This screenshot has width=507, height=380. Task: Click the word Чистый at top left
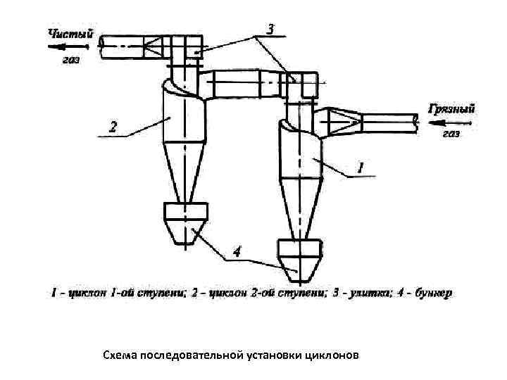click(x=70, y=33)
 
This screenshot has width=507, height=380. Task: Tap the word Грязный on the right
click(x=451, y=108)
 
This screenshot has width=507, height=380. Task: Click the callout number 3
click(x=270, y=29)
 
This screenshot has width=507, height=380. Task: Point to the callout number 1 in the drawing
click(x=360, y=167)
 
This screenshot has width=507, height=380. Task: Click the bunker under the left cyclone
click(x=185, y=220)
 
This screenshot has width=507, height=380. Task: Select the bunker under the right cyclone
click(x=299, y=257)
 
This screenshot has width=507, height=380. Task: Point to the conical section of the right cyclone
click(x=300, y=208)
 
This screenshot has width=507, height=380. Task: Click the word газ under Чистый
click(x=70, y=61)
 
